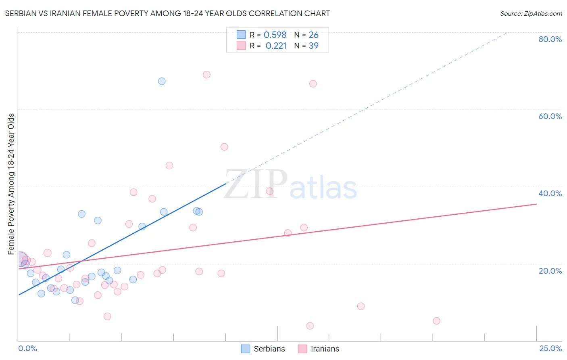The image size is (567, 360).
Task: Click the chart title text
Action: point(167,13)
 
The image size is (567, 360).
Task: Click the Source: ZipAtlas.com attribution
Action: point(531,13)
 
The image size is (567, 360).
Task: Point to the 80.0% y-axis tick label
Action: point(550,39)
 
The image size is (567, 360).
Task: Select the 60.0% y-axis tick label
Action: point(550,116)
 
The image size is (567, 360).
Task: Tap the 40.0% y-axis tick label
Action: point(550,193)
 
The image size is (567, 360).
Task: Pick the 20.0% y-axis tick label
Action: point(550,271)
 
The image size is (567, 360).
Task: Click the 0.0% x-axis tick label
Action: point(27,348)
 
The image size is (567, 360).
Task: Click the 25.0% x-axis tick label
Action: point(550,348)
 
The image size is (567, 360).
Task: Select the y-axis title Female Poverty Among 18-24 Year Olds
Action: point(11,184)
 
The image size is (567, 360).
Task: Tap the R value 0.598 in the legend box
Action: point(275,35)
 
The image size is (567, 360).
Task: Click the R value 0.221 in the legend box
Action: point(276,46)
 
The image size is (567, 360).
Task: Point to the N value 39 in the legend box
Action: point(313,46)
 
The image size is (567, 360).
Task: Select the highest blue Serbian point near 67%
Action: point(162,81)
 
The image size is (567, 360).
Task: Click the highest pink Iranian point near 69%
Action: point(206,75)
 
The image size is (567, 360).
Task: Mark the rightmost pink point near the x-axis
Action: point(436,321)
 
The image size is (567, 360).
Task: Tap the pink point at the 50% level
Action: point(224,147)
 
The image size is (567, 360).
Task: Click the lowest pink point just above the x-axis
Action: point(310,326)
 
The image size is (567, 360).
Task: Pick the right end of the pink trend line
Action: point(536,204)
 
